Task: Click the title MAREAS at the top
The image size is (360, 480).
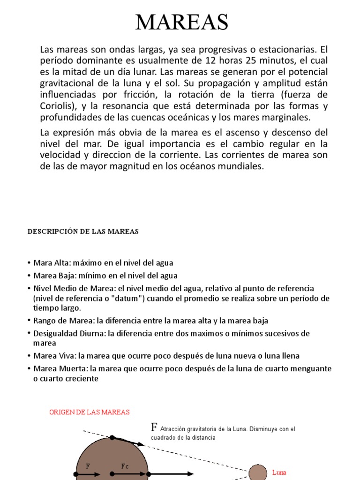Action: click(182, 22)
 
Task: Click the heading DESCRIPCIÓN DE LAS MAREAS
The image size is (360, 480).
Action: click(83, 232)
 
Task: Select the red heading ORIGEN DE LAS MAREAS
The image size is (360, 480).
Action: click(90, 412)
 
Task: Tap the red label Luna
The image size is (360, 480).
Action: click(279, 472)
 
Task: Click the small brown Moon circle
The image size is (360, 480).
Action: click(256, 472)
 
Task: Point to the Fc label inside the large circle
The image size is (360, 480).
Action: click(125, 466)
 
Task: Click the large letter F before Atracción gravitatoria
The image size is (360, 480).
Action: click(154, 427)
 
